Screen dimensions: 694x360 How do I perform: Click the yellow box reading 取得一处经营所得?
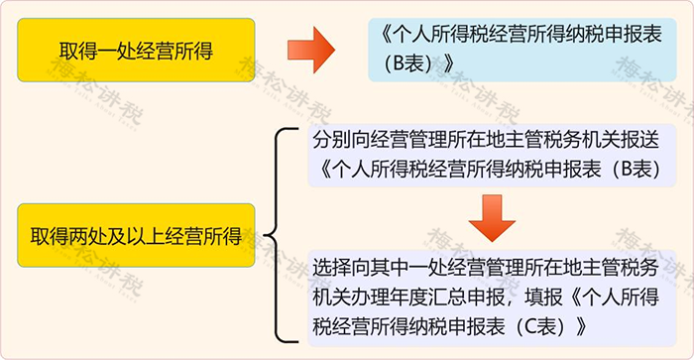tap(136, 50)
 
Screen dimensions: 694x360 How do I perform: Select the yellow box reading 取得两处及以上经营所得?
tap(136, 235)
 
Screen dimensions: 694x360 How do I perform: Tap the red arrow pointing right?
tap(307, 51)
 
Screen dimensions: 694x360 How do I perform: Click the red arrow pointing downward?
tap(493, 216)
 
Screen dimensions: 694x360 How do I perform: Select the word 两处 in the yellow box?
tap(86, 235)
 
